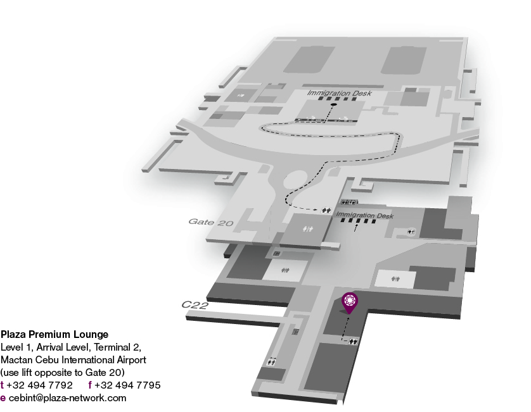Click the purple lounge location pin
[349, 301]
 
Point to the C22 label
[195, 304]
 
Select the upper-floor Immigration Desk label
[339, 93]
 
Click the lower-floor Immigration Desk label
[365, 216]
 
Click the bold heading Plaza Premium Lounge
[54, 334]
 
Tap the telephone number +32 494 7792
[39, 385]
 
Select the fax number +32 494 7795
[127, 385]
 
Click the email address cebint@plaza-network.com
[67, 397]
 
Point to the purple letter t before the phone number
[3, 385]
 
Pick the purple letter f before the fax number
[90, 385]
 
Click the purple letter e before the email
[3, 397]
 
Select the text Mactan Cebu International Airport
[74, 359]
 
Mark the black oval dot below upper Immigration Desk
[333, 104]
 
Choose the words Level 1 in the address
[15, 347]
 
